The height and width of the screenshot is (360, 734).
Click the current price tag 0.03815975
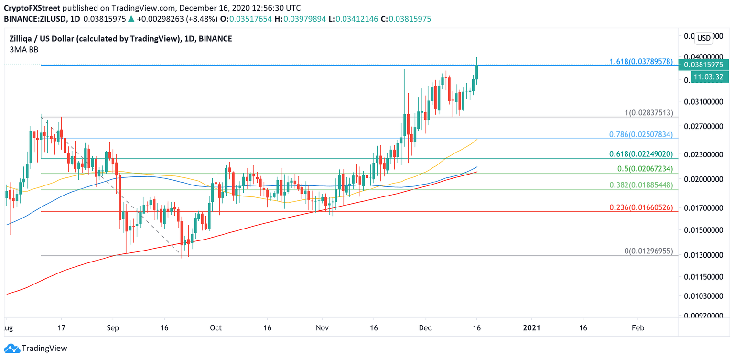pos(705,65)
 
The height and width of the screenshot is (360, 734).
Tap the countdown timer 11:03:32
pos(705,76)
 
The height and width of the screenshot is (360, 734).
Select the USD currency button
pos(703,38)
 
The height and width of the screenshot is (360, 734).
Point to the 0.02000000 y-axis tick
pos(702,179)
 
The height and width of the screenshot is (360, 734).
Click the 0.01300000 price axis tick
pos(702,256)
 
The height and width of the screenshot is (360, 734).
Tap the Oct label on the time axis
pos(216,327)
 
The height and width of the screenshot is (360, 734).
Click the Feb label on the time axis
pos(637,327)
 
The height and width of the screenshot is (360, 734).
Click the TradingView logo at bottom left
pos(36,348)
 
